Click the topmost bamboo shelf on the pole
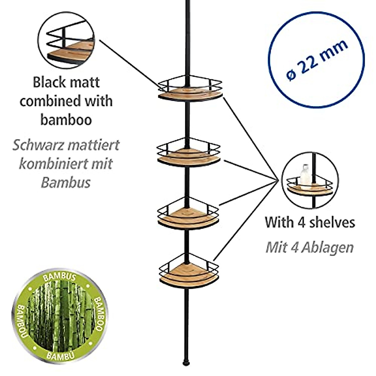tap(190, 92)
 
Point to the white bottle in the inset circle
tap(305, 175)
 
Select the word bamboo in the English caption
tap(66, 120)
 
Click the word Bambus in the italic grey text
tap(66, 183)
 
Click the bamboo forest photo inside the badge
tap(59, 316)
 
